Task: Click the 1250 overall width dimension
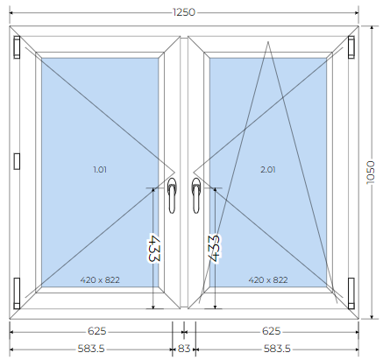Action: pyautogui.click(x=184, y=12)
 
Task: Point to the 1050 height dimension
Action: pyautogui.click(x=371, y=173)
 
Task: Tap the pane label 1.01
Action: pyautogui.click(x=100, y=169)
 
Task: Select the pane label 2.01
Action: pyautogui.click(x=268, y=169)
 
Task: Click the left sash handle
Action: pyautogui.click(x=172, y=195)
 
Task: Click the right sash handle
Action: pyautogui.click(x=195, y=195)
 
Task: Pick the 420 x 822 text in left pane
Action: pyautogui.click(x=100, y=280)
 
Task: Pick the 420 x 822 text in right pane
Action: pyautogui.click(x=268, y=280)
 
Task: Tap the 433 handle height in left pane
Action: pyautogui.click(x=154, y=248)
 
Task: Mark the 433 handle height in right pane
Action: pyautogui.click(x=214, y=249)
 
